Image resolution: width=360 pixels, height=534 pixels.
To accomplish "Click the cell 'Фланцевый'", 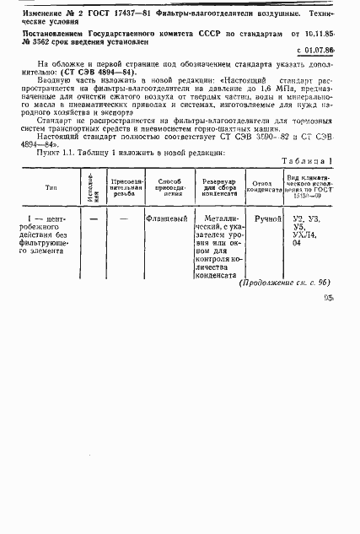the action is pos(166,219).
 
